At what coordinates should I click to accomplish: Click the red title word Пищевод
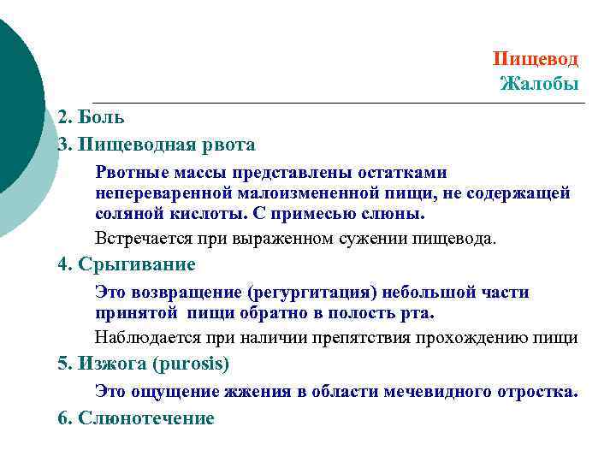536,59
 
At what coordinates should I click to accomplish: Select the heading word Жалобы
539,84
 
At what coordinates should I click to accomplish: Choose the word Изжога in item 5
111,364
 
